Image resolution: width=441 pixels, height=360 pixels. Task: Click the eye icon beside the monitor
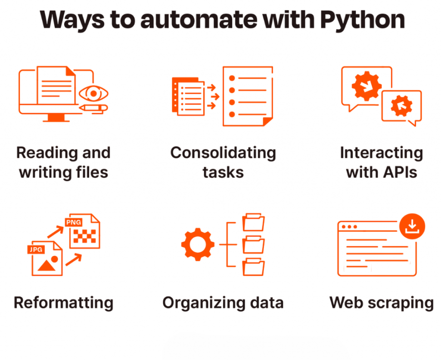coord(93,94)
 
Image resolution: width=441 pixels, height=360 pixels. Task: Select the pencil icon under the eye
coord(93,108)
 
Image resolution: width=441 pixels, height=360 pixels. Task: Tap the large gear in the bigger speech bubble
coord(366,86)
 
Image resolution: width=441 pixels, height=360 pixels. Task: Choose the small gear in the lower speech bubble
coord(401,106)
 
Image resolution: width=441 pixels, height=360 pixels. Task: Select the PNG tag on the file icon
coord(73,222)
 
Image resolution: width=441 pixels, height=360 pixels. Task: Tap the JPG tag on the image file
coord(36,249)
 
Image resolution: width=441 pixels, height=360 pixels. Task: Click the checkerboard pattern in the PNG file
coord(85,236)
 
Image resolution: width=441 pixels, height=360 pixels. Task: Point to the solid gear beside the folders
coord(198,244)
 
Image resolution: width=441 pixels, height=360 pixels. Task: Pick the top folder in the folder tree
coord(253,222)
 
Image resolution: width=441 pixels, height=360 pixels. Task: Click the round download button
coord(412,226)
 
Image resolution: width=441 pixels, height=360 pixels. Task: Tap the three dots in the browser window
coord(349,227)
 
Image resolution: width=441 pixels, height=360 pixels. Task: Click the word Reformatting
coord(64,303)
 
